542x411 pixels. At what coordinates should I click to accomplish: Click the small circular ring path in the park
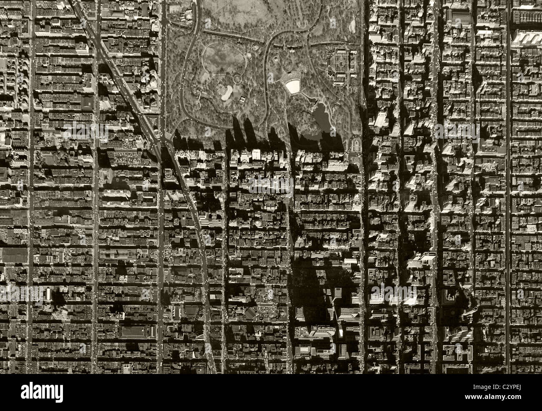[237, 78]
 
